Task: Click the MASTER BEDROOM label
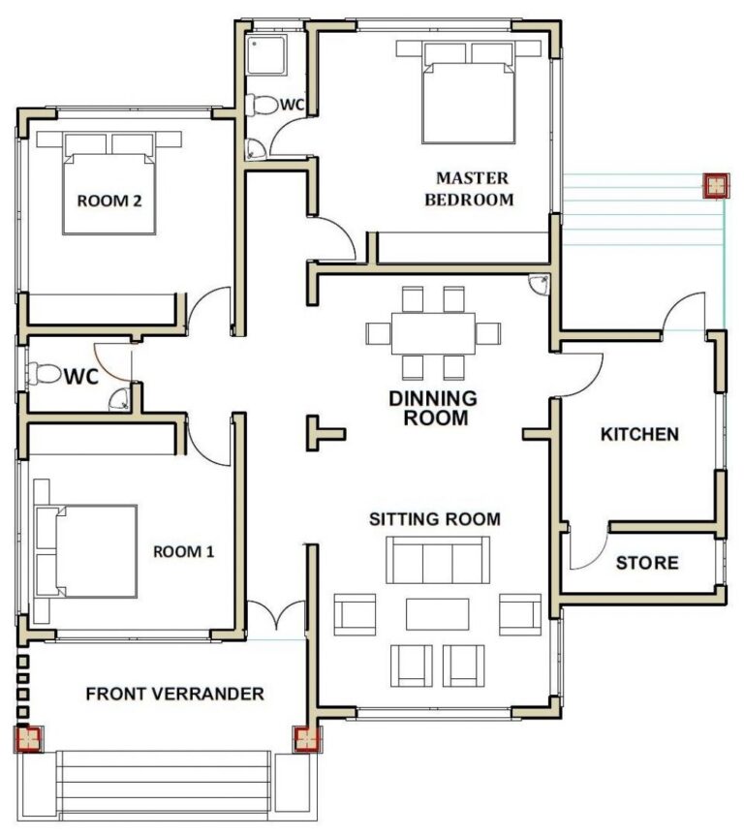pos(473,189)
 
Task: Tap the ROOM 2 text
pos(109,201)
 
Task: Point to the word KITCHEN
pos(639,434)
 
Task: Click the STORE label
pos(647,563)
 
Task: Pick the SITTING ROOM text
pos(435,519)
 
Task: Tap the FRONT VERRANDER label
pos(174,694)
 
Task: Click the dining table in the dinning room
pos(433,333)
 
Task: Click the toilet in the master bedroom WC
pos(260,105)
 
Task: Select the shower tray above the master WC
pos(263,55)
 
